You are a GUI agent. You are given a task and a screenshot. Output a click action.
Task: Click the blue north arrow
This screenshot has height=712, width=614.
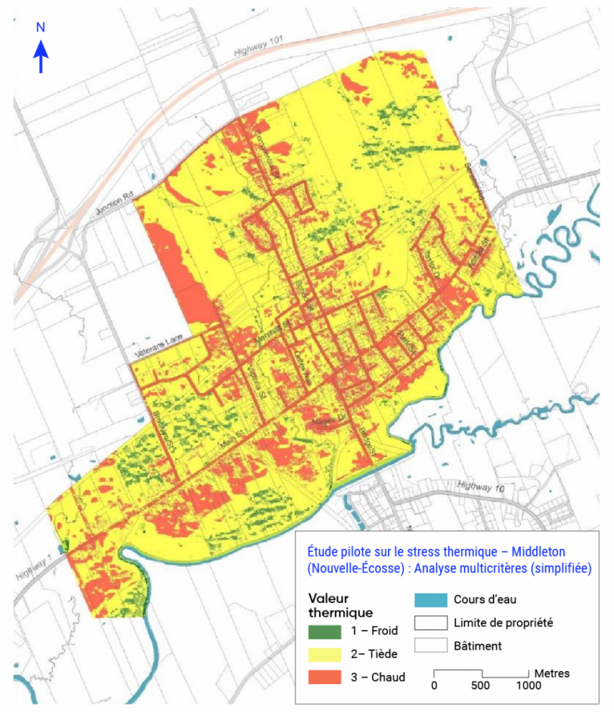click(x=41, y=56)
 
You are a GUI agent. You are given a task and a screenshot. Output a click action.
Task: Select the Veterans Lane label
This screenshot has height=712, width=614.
click(x=159, y=345)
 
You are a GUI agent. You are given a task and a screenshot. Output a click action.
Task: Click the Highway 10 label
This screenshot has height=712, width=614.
click(x=482, y=487)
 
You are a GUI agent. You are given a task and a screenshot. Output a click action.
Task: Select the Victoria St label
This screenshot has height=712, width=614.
click(x=254, y=383)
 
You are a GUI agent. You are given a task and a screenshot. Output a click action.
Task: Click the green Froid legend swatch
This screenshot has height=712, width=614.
click(x=324, y=631)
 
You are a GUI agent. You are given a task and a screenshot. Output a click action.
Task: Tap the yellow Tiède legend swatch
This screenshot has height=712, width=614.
click(x=324, y=654)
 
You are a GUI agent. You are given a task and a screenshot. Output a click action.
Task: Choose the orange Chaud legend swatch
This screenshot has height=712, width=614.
click(x=324, y=677)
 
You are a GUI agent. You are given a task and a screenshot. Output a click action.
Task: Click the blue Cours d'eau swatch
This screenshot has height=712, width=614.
click(x=430, y=599)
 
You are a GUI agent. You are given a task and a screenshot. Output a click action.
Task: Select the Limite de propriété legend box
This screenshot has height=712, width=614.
click(x=430, y=622)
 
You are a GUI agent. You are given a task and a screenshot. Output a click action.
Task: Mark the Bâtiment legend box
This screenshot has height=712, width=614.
click(x=430, y=645)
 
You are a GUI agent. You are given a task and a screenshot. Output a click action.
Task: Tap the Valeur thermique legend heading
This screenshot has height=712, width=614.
click(x=340, y=605)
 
